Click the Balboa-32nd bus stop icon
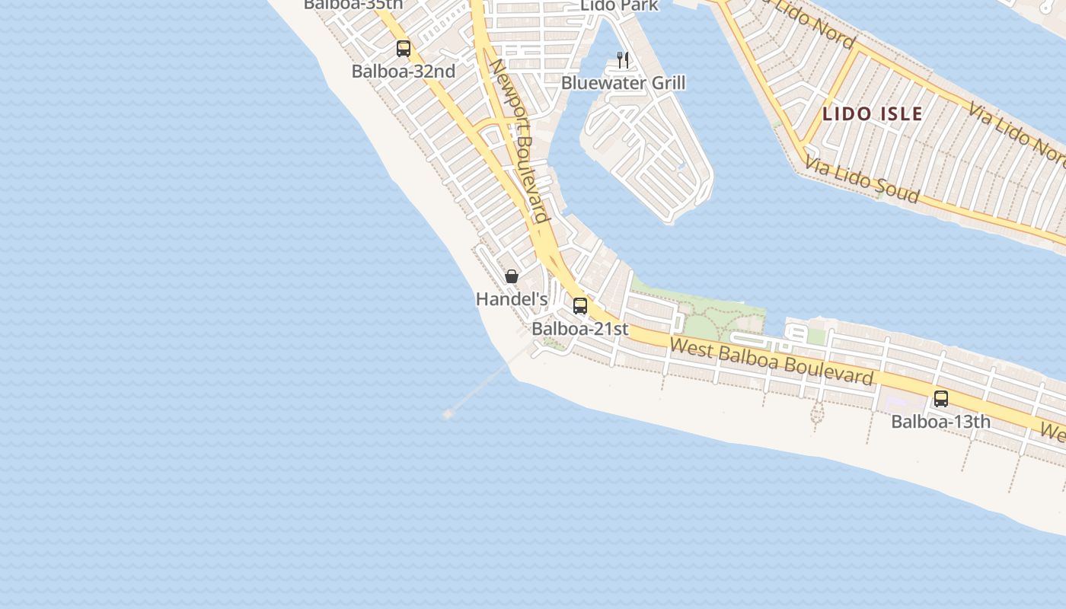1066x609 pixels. pyautogui.click(x=404, y=49)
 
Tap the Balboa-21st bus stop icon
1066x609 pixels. pyautogui.click(x=580, y=306)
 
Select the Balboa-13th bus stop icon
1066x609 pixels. pyautogui.click(x=941, y=399)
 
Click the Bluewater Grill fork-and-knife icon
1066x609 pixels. pyautogui.click(x=623, y=60)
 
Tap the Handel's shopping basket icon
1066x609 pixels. pyautogui.click(x=512, y=276)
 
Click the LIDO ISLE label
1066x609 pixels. pyautogui.click(x=873, y=114)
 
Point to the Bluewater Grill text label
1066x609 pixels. pyautogui.click(x=623, y=83)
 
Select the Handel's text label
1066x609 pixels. pyautogui.click(x=512, y=299)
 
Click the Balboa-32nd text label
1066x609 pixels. pyautogui.click(x=404, y=72)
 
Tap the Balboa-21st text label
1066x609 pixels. pyautogui.click(x=580, y=329)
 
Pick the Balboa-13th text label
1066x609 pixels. pyautogui.click(x=941, y=422)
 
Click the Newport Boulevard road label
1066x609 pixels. pyautogui.click(x=519, y=141)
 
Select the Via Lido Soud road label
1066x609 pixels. pyautogui.click(x=862, y=180)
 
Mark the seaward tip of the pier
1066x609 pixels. pyautogui.click(x=448, y=413)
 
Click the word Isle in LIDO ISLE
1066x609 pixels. pyautogui.click(x=901, y=114)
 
